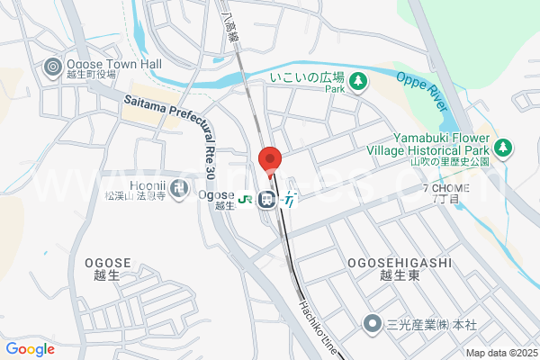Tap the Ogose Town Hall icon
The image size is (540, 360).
pyautogui.click(x=52, y=66)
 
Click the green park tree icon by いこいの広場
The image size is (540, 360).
pyautogui.click(x=358, y=82)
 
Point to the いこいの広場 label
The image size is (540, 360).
pyautogui.click(x=309, y=78)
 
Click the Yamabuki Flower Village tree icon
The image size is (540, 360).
pyautogui.click(x=503, y=146)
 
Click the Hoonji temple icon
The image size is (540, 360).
pyautogui.click(x=180, y=188)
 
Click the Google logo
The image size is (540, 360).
pyautogui.click(x=31, y=349)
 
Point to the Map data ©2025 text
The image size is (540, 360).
pyautogui.click(x=500, y=353)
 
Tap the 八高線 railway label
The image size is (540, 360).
pyautogui.click(x=231, y=27)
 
